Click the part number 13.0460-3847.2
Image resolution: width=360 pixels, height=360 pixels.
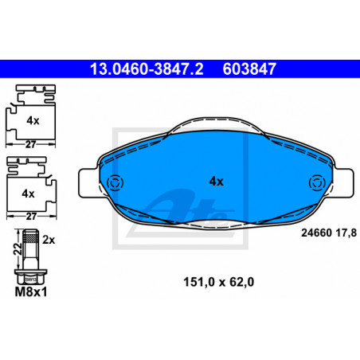point(147,69)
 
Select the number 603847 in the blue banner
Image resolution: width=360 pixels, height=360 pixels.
point(249,69)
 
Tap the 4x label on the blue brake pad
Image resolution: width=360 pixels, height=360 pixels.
point(217,182)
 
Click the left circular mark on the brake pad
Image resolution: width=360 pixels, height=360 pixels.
point(115,183)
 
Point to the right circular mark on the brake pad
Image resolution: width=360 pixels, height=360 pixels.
point(317,183)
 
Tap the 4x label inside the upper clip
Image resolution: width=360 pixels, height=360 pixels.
point(33,121)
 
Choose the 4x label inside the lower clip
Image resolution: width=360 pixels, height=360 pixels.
point(29,194)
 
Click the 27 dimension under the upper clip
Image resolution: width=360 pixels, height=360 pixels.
point(30,144)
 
